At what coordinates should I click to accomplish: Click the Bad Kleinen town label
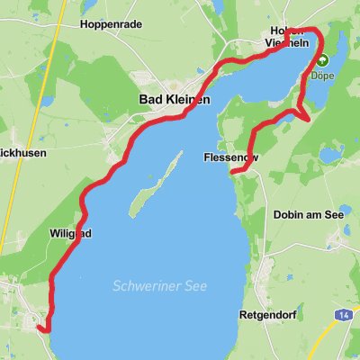[175, 100]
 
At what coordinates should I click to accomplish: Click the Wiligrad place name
[68, 233]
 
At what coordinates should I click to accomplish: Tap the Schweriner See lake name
[160, 286]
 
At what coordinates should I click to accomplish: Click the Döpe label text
[322, 76]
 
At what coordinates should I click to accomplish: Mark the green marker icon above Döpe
[321, 60]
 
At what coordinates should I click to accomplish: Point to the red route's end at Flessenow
[232, 170]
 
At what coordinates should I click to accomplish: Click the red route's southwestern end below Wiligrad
[42, 329]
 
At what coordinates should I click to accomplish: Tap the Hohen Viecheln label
[288, 36]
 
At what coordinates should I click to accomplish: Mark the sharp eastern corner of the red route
[310, 119]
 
